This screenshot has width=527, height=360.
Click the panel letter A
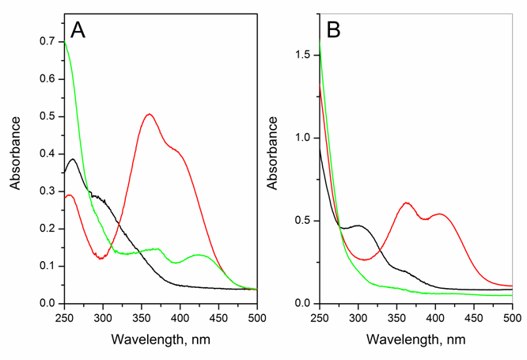coord(78,29)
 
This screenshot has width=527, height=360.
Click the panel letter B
coord(333,31)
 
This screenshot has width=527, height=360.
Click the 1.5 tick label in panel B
coord(303,54)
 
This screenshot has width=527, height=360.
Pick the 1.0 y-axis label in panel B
coord(303,137)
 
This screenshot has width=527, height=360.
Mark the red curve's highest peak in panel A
coord(150,115)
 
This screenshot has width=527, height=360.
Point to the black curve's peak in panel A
coord(73,159)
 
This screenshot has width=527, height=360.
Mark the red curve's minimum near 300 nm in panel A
coord(101,258)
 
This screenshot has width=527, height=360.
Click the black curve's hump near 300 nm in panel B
coord(358,226)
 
